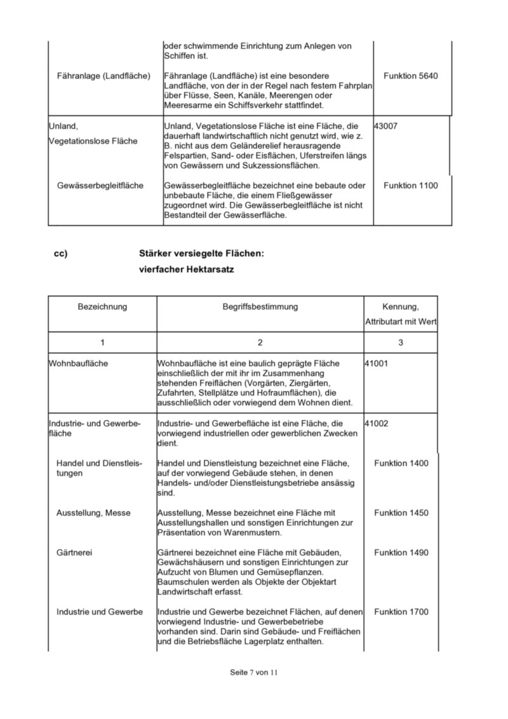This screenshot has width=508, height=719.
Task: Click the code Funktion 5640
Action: click(410, 76)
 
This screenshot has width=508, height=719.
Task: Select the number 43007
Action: click(386, 126)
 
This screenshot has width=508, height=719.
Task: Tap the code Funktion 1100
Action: click(410, 185)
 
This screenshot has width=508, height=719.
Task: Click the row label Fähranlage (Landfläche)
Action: click(102, 76)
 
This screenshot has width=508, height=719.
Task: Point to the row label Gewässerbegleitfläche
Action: click(100, 185)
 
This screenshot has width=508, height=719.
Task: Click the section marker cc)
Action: click(61, 253)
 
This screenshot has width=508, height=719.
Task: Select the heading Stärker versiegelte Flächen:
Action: click(201, 253)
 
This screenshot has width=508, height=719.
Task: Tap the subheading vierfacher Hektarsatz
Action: click(187, 270)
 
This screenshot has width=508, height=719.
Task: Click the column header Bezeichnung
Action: click(102, 307)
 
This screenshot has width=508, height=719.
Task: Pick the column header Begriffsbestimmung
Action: click(260, 307)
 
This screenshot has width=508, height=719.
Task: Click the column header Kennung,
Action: click(401, 307)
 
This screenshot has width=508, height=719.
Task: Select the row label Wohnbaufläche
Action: click(78, 363)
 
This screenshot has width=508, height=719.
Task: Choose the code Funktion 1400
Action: click(401, 463)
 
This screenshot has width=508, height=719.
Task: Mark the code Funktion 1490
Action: click(401, 553)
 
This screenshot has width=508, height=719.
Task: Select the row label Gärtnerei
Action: click(74, 553)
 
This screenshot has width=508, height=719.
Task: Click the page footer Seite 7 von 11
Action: click(254, 672)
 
